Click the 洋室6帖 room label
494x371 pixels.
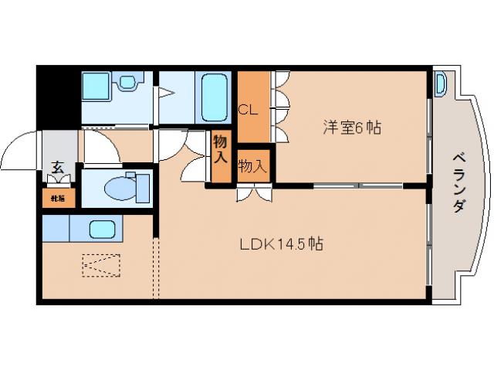351,128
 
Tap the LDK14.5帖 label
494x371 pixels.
279,244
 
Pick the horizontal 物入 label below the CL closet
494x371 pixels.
252,166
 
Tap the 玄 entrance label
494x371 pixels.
58,165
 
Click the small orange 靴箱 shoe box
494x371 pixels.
58,199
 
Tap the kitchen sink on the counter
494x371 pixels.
102,228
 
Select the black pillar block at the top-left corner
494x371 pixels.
58,97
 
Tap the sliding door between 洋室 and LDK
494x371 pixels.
358,185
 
